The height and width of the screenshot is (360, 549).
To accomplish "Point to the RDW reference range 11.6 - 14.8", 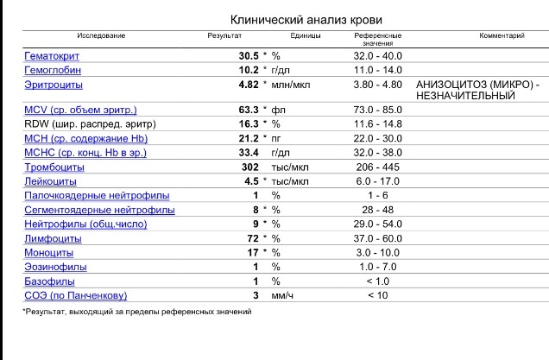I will tap(378, 124).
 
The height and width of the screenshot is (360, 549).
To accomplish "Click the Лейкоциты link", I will tap(50, 181).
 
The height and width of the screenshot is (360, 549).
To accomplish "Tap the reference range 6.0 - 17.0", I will tap(378, 181).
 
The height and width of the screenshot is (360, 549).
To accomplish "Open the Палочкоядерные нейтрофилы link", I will tap(97, 196).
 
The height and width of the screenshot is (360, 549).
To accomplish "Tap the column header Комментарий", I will tap(502, 35).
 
